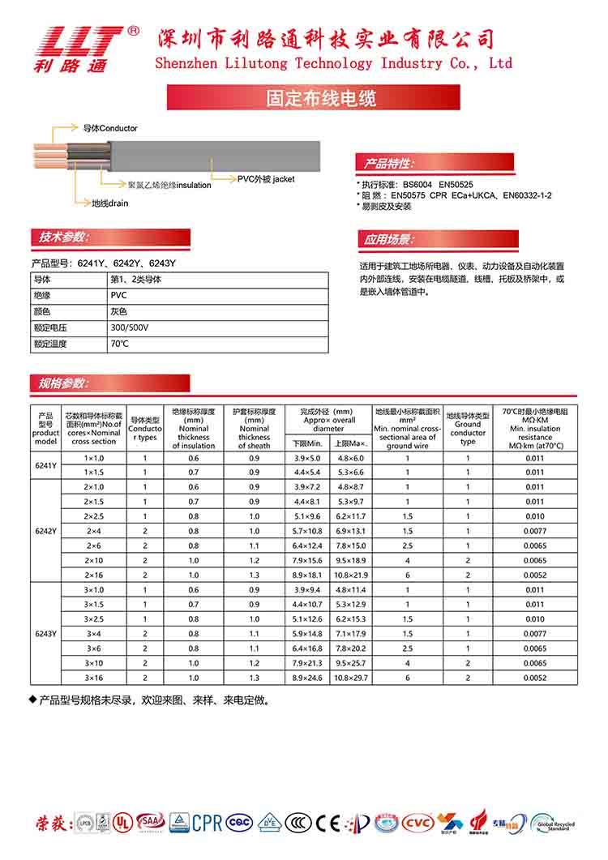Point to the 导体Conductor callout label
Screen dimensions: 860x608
click(x=110, y=128)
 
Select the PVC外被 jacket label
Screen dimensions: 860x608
click(x=266, y=178)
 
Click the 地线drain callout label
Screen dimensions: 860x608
click(x=109, y=203)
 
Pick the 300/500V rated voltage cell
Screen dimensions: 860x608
click(x=130, y=327)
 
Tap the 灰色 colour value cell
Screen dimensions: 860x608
click(x=118, y=311)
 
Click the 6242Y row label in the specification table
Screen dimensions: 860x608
click(x=46, y=531)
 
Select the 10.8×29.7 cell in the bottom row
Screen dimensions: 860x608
click(x=351, y=678)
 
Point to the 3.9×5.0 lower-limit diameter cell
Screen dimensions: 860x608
click(x=308, y=459)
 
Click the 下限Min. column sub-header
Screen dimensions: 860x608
click(x=308, y=444)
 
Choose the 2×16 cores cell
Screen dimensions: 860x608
click(x=94, y=575)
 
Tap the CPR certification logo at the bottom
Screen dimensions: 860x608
click(x=207, y=822)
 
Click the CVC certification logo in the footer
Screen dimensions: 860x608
click(x=418, y=822)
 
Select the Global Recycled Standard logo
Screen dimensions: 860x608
click(x=553, y=824)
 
